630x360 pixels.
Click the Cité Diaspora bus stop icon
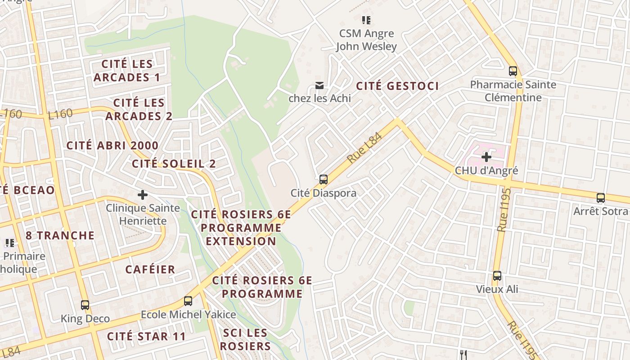[323, 180]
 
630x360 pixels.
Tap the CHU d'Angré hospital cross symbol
[486, 157]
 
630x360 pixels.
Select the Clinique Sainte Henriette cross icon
[143, 195]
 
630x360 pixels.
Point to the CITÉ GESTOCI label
[397, 86]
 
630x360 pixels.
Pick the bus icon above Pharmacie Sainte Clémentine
[513, 71]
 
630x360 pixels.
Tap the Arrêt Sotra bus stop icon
[601, 198]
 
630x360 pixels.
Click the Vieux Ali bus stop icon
[497, 276]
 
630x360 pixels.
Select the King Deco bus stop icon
[85, 305]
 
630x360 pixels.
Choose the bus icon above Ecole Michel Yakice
[188, 301]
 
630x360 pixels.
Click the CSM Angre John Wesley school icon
[366, 20]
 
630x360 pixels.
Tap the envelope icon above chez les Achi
[319, 85]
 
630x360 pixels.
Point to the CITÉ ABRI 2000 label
[112, 145]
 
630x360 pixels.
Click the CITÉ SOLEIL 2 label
[174, 163]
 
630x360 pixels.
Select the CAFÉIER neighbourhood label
[150, 270]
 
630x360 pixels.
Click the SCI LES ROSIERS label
[245, 339]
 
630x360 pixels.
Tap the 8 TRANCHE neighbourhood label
[60, 235]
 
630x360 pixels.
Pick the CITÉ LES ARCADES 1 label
[127, 71]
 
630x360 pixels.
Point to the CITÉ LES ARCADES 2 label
[139, 109]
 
